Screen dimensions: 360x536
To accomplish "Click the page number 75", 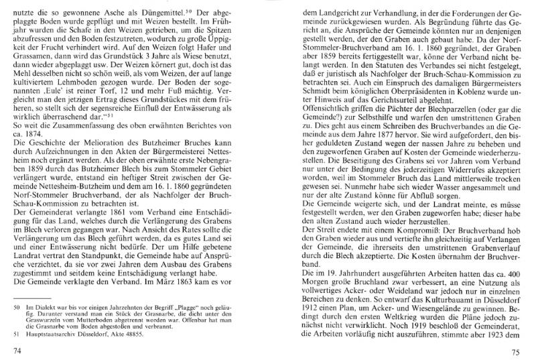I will (515, 350).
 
